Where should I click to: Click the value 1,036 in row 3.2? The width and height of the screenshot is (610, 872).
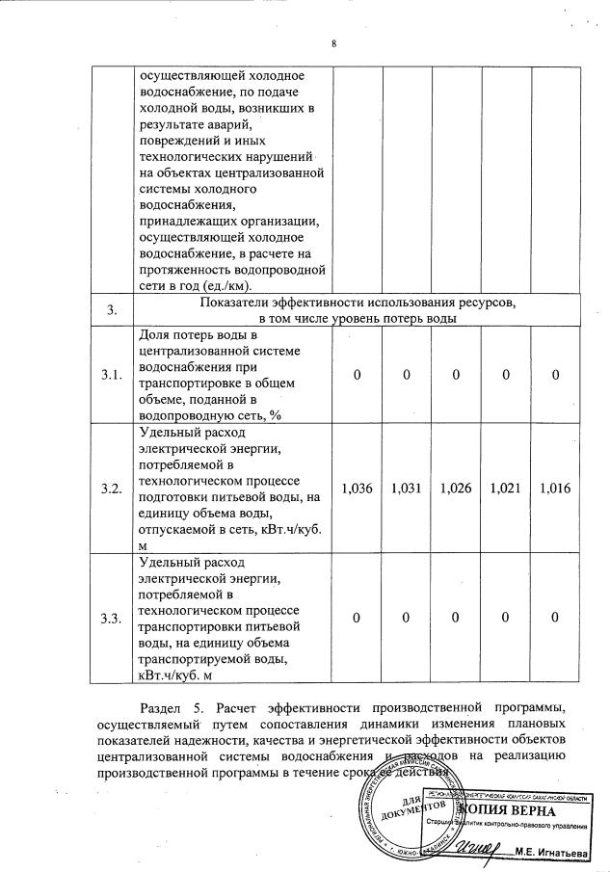coord(357,489)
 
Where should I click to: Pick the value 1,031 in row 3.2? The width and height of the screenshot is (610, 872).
coord(407,489)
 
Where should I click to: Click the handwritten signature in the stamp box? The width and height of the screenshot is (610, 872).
coord(476,848)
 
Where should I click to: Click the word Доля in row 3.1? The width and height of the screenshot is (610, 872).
coord(155,333)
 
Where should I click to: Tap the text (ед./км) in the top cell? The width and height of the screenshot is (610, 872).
coord(218,286)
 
